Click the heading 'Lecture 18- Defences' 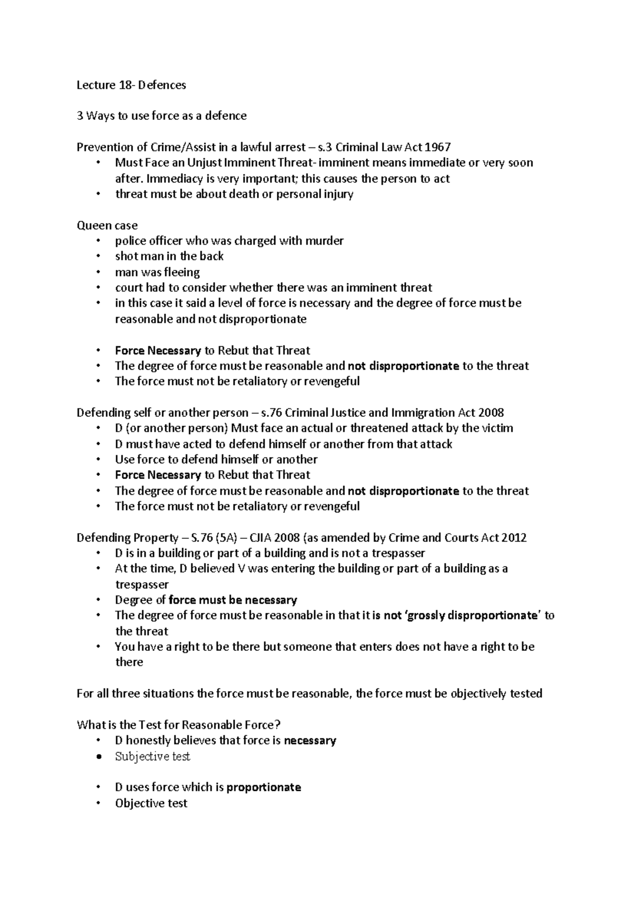[x=131, y=85]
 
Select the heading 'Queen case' [x=107, y=225]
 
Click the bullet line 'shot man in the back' [x=169, y=256]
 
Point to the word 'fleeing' [x=182, y=273]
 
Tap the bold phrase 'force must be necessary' [x=232, y=600]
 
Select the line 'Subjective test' [x=152, y=756]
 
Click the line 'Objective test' [x=151, y=803]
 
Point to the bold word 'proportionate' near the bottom [x=263, y=787]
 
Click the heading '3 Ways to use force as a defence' [x=162, y=116]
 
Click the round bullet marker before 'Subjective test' [x=98, y=757]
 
